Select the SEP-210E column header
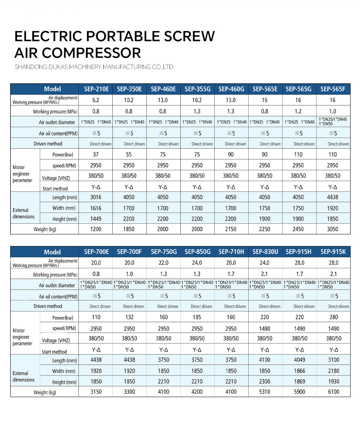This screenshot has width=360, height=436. pyautogui.click(x=96, y=89)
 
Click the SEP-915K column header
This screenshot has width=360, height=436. pyautogui.click(x=333, y=252)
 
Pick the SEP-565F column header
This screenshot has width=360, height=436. pyautogui.click(x=333, y=89)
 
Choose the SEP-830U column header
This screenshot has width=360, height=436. pyautogui.click(x=265, y=252)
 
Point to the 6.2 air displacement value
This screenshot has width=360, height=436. pyautogui.click(x=96, y=100)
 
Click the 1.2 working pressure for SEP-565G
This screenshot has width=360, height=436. pyautogui.click(x=298, y=111)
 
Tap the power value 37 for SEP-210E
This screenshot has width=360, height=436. pyautogui.click(x=96, y=155)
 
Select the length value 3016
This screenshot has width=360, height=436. pyautogui.click(x=96, y=197)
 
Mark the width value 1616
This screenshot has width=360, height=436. pyautogui.click(x=96, y=208)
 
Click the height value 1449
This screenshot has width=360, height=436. pyautogui.click(x=96, y=219)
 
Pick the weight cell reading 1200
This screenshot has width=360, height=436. pyautogui.click(x=96, y=229)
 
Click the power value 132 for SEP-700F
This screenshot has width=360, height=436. pyautogui.click(x=129, y=317)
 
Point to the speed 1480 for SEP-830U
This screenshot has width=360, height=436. pyautogui.click(x=265, y=329)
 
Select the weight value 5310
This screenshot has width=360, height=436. pyautogui.click(x=265, y=392)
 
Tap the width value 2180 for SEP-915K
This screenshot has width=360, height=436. pyautogui.click(x=334, y=371)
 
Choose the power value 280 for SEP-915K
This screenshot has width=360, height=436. pyautogui.click(x=334, y=317)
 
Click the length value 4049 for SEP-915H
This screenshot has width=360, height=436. pyautogui.click(x=300, y=360)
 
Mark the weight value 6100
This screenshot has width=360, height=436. pyautogui.click(x=334, y=392)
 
